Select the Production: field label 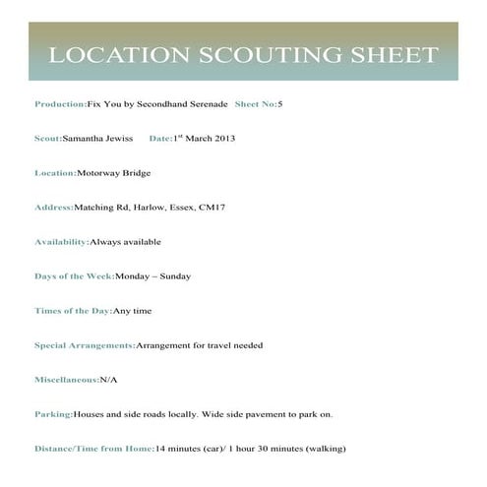[x=60, y=103]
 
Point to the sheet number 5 [x=280, y=103]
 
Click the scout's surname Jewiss [x=118, y=139]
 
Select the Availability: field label [x=61, y=242]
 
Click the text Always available [x=125, y=242]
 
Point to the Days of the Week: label [x=74, y=276]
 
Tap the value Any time [x=133, y=311]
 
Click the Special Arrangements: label [x=85, y=345]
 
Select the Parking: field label [x=53, y=414]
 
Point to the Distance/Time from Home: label [x=94, y=449]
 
